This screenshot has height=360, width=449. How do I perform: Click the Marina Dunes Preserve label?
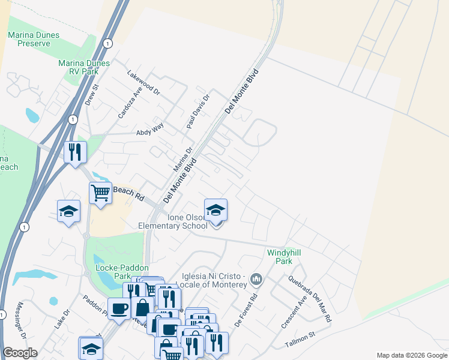[34, 39]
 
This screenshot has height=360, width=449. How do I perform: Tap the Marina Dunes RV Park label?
[84, 67]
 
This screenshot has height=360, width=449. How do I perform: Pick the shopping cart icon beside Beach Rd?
[100, 193]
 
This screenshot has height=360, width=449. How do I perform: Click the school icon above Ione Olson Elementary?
[215, 210]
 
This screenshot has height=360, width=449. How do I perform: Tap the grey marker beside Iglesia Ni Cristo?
[256, 278]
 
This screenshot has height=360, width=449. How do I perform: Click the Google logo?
[20, 353]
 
